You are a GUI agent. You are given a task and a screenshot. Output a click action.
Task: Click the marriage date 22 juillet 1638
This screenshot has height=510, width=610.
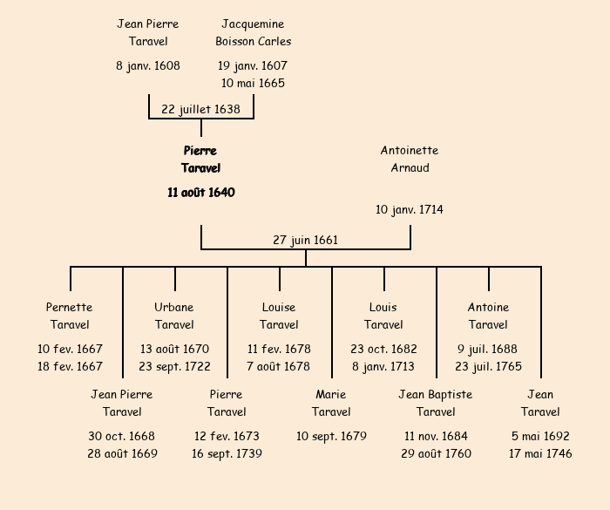click(x=200, y=109)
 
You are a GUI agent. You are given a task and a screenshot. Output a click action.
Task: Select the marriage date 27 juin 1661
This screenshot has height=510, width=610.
click(x=305, y=240)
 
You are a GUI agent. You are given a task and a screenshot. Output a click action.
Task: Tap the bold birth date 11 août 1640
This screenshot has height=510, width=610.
click(x=200, y=192)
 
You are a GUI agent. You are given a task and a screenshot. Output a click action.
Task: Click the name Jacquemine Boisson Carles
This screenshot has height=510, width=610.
click(x=253, y=32)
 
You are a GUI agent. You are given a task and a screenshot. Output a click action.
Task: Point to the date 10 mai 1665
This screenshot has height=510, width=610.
click(x=253, y=83)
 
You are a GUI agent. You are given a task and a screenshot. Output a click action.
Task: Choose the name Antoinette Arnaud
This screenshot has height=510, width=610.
click(x=410, y=159)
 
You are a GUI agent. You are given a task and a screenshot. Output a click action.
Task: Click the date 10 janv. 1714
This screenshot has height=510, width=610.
click(x=410, y=209)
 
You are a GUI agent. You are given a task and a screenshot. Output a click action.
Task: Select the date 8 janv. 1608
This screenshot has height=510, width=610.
click(x=148, y=65)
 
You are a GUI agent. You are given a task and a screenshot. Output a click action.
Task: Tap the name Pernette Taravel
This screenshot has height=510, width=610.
click(x=70, y=316)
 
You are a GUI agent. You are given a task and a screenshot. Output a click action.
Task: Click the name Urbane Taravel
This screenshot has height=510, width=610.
click(x=174, y=316)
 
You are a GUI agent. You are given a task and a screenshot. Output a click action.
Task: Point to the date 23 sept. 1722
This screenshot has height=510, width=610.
click(x=174, y=366)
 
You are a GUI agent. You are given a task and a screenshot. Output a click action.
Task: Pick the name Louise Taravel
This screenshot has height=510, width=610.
click(x=279, y=316)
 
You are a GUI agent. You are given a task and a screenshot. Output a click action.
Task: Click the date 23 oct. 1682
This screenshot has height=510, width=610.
click(x=383, y=349)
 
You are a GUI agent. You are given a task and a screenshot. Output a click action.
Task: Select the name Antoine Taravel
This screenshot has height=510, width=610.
click(x=488, y=316)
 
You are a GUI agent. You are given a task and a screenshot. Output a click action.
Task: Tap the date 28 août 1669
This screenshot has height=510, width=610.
click(x=122, y=453)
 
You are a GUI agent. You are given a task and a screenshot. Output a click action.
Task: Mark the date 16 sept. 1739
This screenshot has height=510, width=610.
click(x=227, y=453)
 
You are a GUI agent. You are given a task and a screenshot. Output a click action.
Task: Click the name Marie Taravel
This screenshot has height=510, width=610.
click(x=331, y=403)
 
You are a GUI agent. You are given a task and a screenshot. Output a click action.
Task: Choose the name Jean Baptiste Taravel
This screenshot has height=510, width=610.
click(x=436, y=403)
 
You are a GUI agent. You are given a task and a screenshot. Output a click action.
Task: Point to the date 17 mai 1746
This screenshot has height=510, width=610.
click(x=540, y=453)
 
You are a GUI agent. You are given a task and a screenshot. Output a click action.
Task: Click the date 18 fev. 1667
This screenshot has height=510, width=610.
click(x=70, y=366)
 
